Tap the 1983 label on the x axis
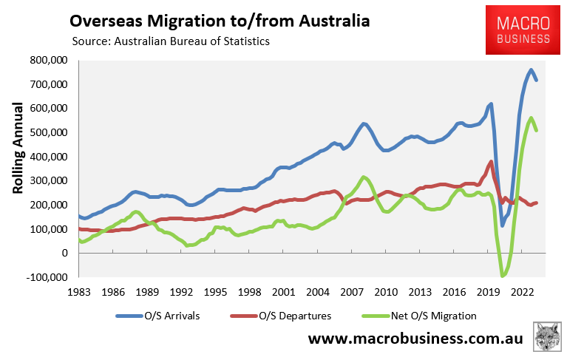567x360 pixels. [x=79, y=291]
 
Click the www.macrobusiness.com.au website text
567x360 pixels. [x=415, y=339]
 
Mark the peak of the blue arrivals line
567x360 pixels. [x=531, y=70]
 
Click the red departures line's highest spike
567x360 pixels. [x=491, y=162]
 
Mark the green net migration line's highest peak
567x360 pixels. [x=531, y=118]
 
